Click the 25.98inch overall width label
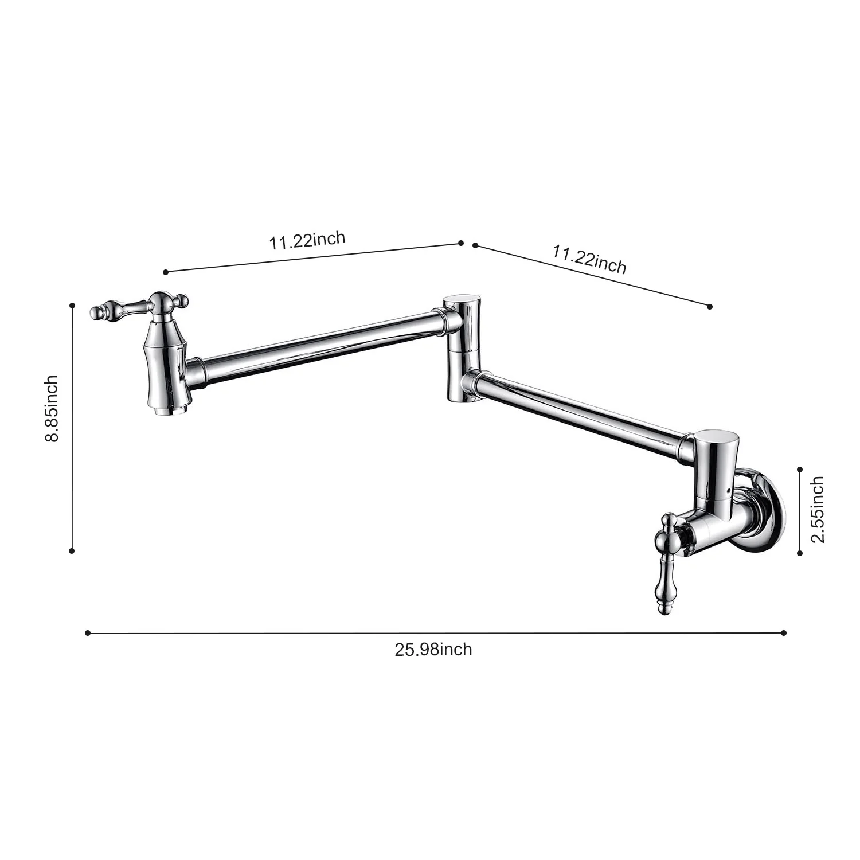[x=433, y=650]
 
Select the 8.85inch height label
[x=52, y=408]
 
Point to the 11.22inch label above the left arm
[x=307, y=240]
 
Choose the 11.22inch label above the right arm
[x=589, y=259]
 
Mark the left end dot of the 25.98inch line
[x=87, y=633]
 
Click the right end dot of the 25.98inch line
[x=784, y=633]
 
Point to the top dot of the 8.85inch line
[x=72, y=306]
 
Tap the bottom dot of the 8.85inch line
[x=72, y=551]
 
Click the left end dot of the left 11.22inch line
[x=166, y=272]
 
